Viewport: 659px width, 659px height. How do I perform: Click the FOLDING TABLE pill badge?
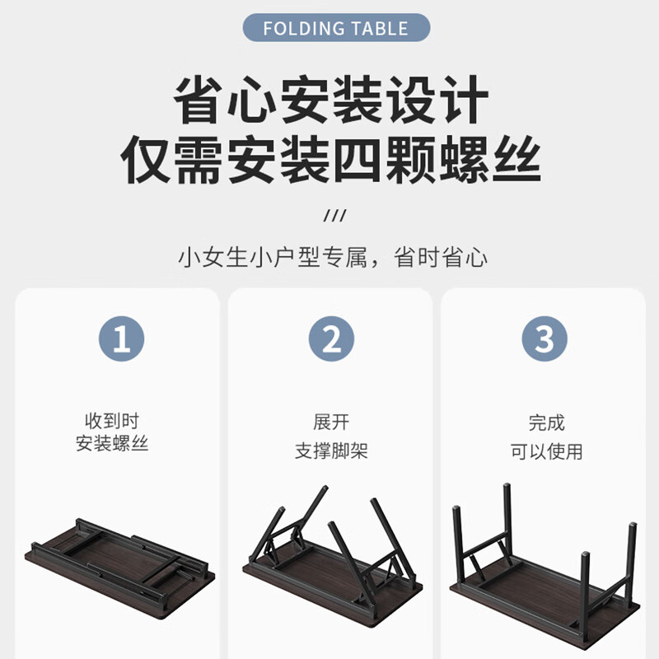pyautogui.click(x=336, y=28)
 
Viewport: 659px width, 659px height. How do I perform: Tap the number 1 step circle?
pyautogui.click(x=121, y=339)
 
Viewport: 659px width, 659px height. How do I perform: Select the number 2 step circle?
pyautogui.click(x=331, y=339)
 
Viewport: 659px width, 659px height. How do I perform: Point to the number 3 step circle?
pyautogui.click(x=544, y=339)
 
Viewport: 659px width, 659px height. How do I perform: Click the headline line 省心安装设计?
pyautogui.click(x=331, y=99)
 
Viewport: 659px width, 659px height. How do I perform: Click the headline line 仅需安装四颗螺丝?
pyautogui.click(x=331, y=159)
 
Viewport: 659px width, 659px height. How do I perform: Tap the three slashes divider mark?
pyautogui.click(x=335, y=216)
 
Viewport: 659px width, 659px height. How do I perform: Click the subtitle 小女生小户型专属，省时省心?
pyautogui.click(x=333, y=257)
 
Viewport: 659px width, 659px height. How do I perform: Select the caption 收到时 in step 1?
pyautogui.click(x=112, y=420)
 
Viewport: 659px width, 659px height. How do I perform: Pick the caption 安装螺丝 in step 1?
pyautogui.click(x=112, y=443)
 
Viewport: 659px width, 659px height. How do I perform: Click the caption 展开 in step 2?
pyautogui.click(x=331, y=422)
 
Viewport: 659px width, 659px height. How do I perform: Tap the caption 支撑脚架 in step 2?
pyautogui.click(x=331, y=451)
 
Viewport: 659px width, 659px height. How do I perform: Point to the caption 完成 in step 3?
pyautogui.click(x=546, y=423)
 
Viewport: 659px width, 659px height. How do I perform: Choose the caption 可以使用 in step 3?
pyautogui.click(x=546, y=451)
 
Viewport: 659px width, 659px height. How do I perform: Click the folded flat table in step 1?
pyautogui.click(x=119, y=562)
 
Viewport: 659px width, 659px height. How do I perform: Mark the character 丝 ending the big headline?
pyautogui.click(x=517, y=159)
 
